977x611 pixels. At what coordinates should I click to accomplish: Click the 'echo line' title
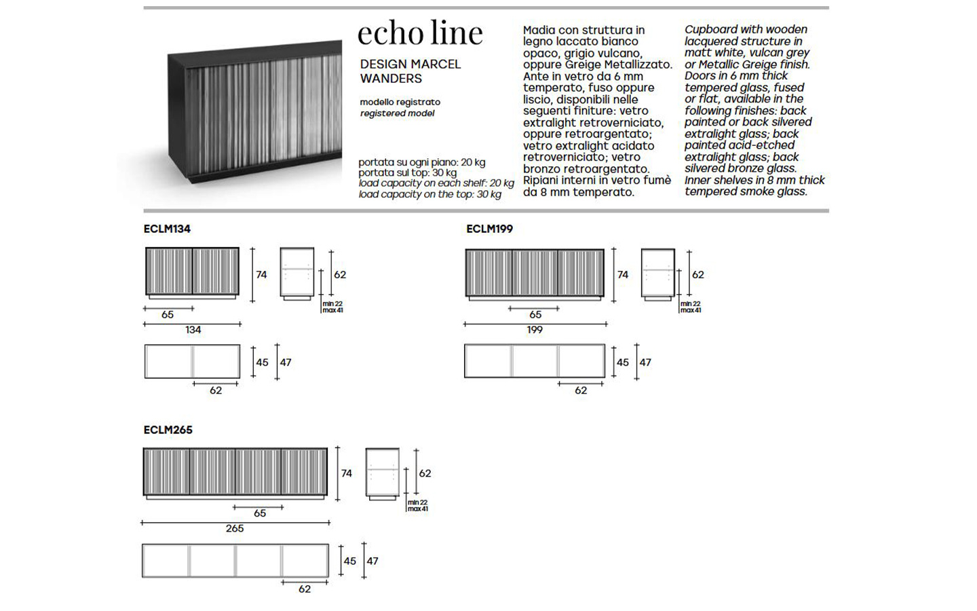(x=420, y=33)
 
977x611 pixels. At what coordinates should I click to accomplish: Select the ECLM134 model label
(x=167, y=229)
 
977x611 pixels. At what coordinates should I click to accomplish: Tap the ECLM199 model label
(x=489, y=229)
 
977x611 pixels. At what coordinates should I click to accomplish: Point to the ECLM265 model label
(x=168, y=430)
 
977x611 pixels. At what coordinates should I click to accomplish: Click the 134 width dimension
(x=193, y=329)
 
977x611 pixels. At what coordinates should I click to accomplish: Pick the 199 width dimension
(x=535, y=329)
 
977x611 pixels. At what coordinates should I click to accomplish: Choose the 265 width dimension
(x=235, y=528)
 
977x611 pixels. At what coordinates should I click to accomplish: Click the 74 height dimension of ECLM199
(x=623, y=274)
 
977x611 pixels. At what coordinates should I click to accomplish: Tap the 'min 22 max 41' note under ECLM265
(x=418, y=505)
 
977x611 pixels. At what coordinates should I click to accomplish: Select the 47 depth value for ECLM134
(x=286, y=363)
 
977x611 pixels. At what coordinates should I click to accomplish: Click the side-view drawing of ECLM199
(x=657, y=274)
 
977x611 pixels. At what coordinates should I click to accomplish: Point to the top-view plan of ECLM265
(x=235, y=560)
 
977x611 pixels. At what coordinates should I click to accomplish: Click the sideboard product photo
(x=254, y=112)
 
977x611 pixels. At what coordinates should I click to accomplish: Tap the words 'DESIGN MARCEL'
(x=410, y=64)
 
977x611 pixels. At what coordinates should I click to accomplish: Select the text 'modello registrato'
(x=400, y=102)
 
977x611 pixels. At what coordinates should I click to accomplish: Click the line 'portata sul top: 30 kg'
(x=407, y=173)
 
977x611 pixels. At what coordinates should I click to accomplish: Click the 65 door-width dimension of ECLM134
(x=168, y=315)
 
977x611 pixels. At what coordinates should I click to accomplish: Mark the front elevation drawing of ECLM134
(x=193, y=273)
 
